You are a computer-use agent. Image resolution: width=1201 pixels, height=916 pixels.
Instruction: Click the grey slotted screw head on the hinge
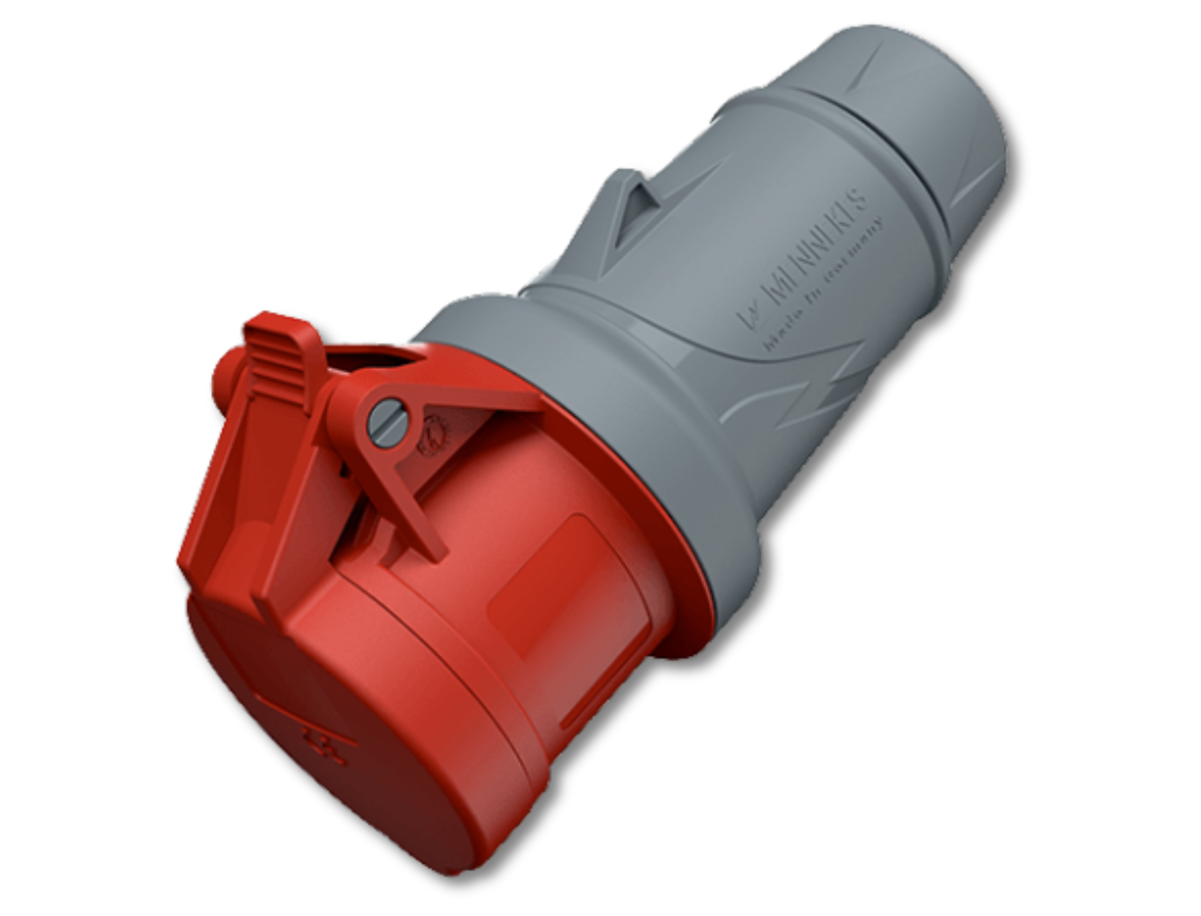388,423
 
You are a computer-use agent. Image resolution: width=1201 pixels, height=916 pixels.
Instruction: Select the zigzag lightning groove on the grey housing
821,393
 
